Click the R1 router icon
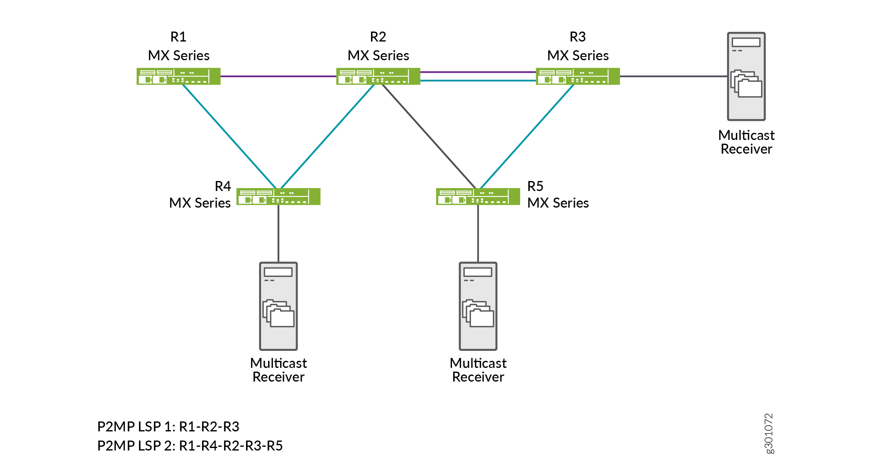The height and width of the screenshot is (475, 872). click(178, 76)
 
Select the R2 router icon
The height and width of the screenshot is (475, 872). click(378, 76)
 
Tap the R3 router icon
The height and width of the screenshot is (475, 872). click(578, 76)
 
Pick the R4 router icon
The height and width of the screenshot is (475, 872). click(278, 196)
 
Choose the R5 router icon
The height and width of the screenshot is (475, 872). click(478, 196)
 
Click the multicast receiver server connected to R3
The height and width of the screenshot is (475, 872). click(746, 76)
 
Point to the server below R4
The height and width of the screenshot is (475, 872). click(278, 306)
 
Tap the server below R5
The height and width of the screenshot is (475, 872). click(478, 306)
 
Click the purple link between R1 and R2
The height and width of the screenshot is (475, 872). click(278, 76)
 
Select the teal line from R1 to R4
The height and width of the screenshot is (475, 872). click(229, 136)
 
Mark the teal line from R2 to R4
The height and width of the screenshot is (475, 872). click(328, 136)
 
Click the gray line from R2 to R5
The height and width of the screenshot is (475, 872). click(428, 136)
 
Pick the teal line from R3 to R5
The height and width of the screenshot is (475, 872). click(527, 136)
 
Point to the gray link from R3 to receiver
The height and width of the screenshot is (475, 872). click(674, 76)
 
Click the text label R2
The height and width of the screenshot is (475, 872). click(378, 37)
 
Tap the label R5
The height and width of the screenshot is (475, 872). click(535, 186)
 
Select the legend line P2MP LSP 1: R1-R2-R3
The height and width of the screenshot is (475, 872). click(168, 426)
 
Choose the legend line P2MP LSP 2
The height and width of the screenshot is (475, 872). click(190, 446)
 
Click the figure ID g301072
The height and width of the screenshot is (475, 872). click(769, 433)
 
